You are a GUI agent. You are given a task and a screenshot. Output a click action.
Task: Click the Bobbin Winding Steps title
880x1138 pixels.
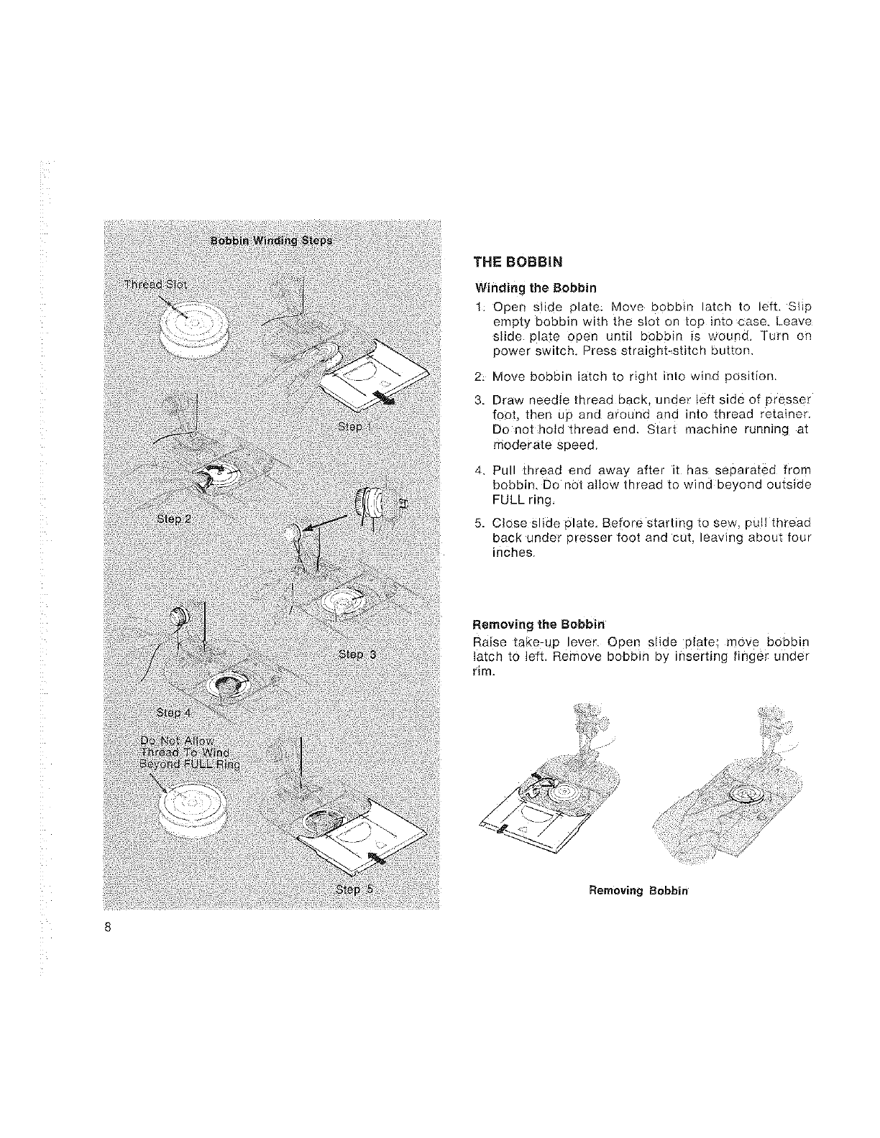271,240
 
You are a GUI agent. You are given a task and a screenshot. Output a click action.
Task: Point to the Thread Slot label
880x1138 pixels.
155,284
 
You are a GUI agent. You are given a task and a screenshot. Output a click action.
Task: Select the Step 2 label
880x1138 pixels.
173,519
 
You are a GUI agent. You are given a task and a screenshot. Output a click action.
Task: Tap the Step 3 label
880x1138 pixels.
357,655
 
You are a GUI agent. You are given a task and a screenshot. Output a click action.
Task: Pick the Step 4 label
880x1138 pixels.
173,713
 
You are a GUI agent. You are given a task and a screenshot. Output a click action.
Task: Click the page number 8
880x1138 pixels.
106,926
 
